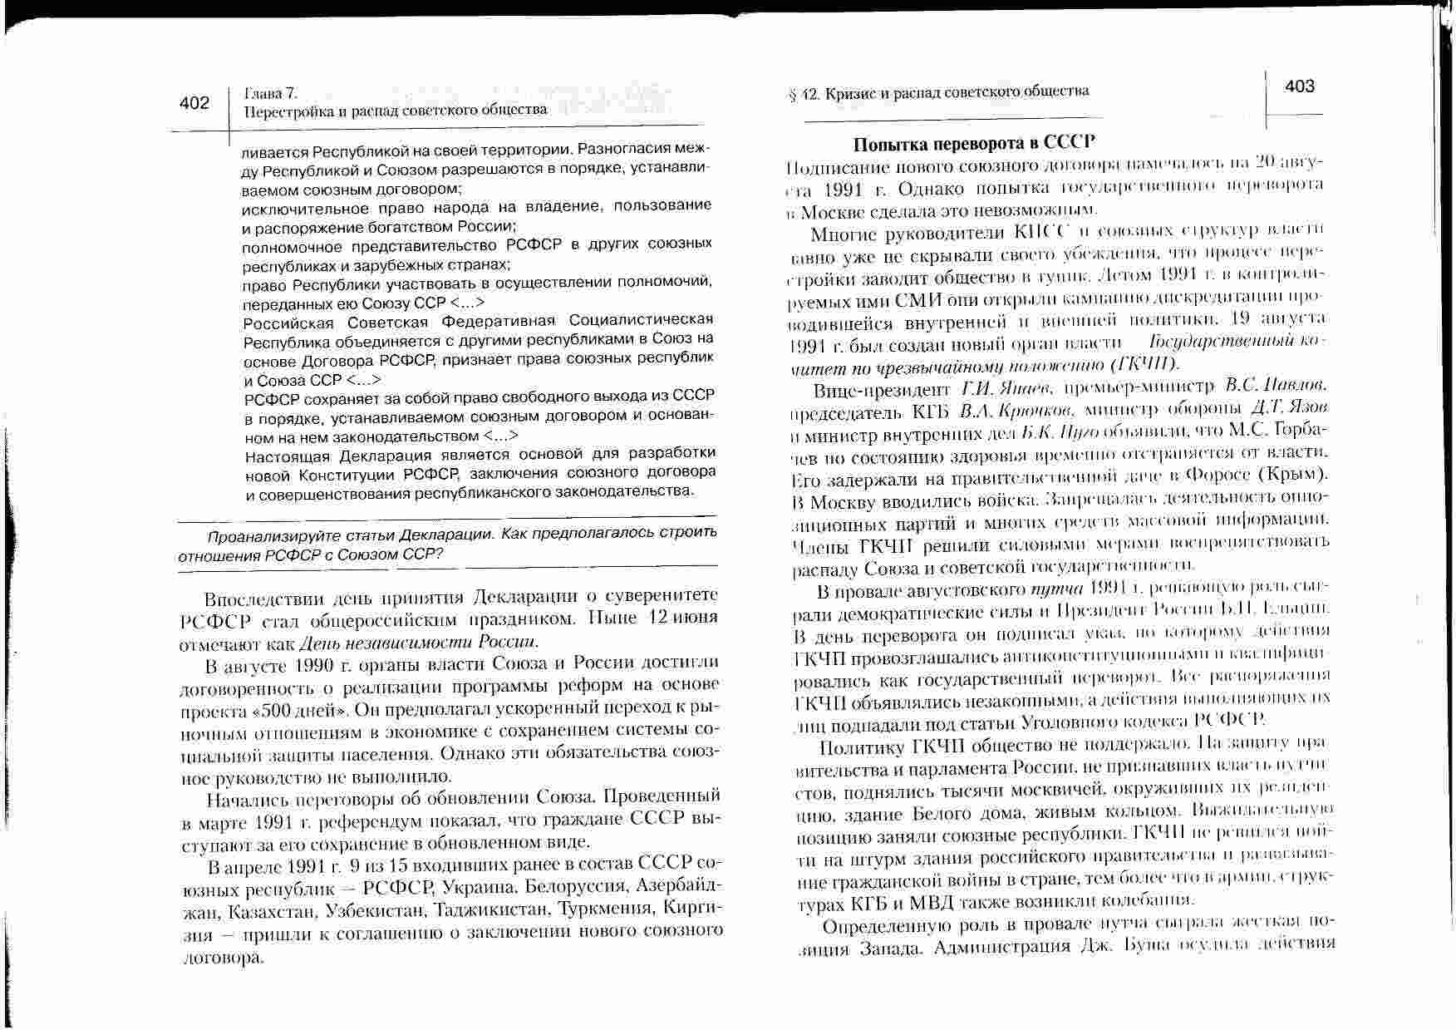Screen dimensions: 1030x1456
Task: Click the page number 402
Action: click(x=194, y=103)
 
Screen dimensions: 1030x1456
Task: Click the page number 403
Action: click(x=1300, y=86)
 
